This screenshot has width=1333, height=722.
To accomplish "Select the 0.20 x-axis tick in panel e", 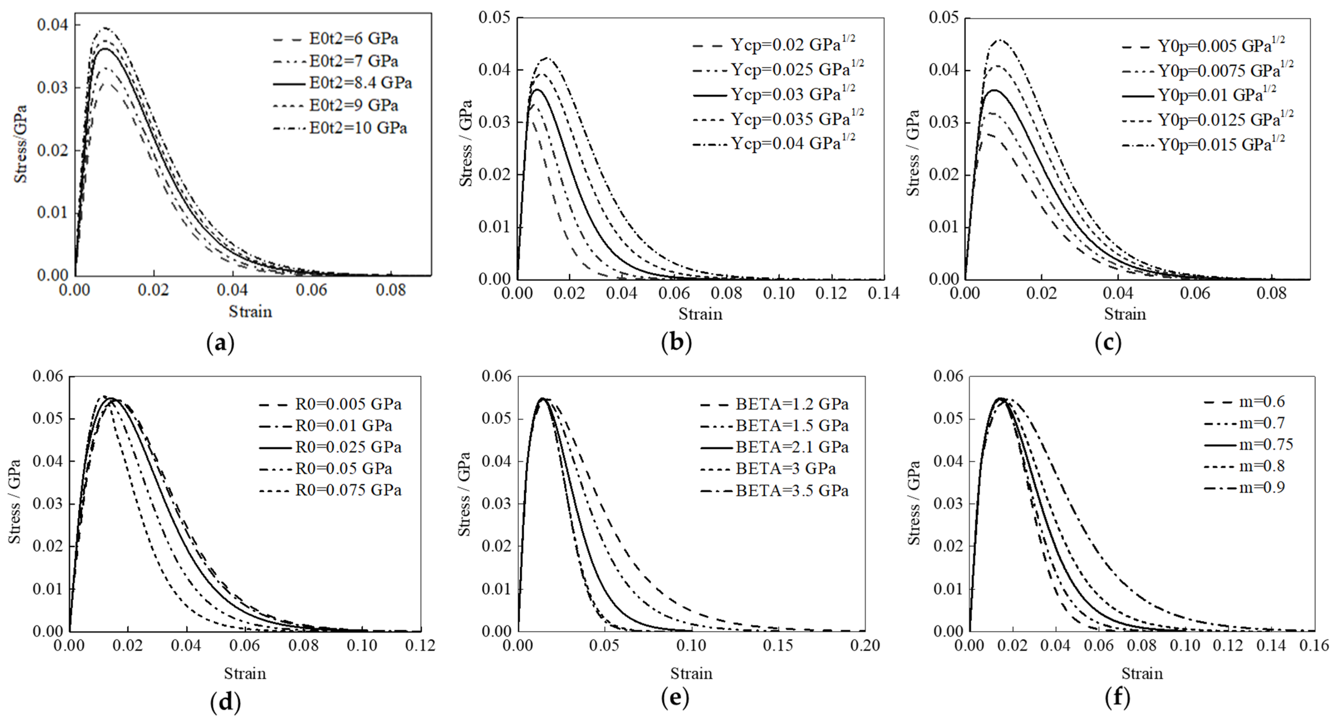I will click(864, 646).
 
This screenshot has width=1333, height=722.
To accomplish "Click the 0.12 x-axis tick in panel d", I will click(420, 646).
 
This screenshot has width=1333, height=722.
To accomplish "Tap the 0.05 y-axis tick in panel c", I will click(944, 18).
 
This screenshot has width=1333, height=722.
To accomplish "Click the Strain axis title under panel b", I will click(700, 314).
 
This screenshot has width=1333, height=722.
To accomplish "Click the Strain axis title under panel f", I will click(1142, 673).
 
